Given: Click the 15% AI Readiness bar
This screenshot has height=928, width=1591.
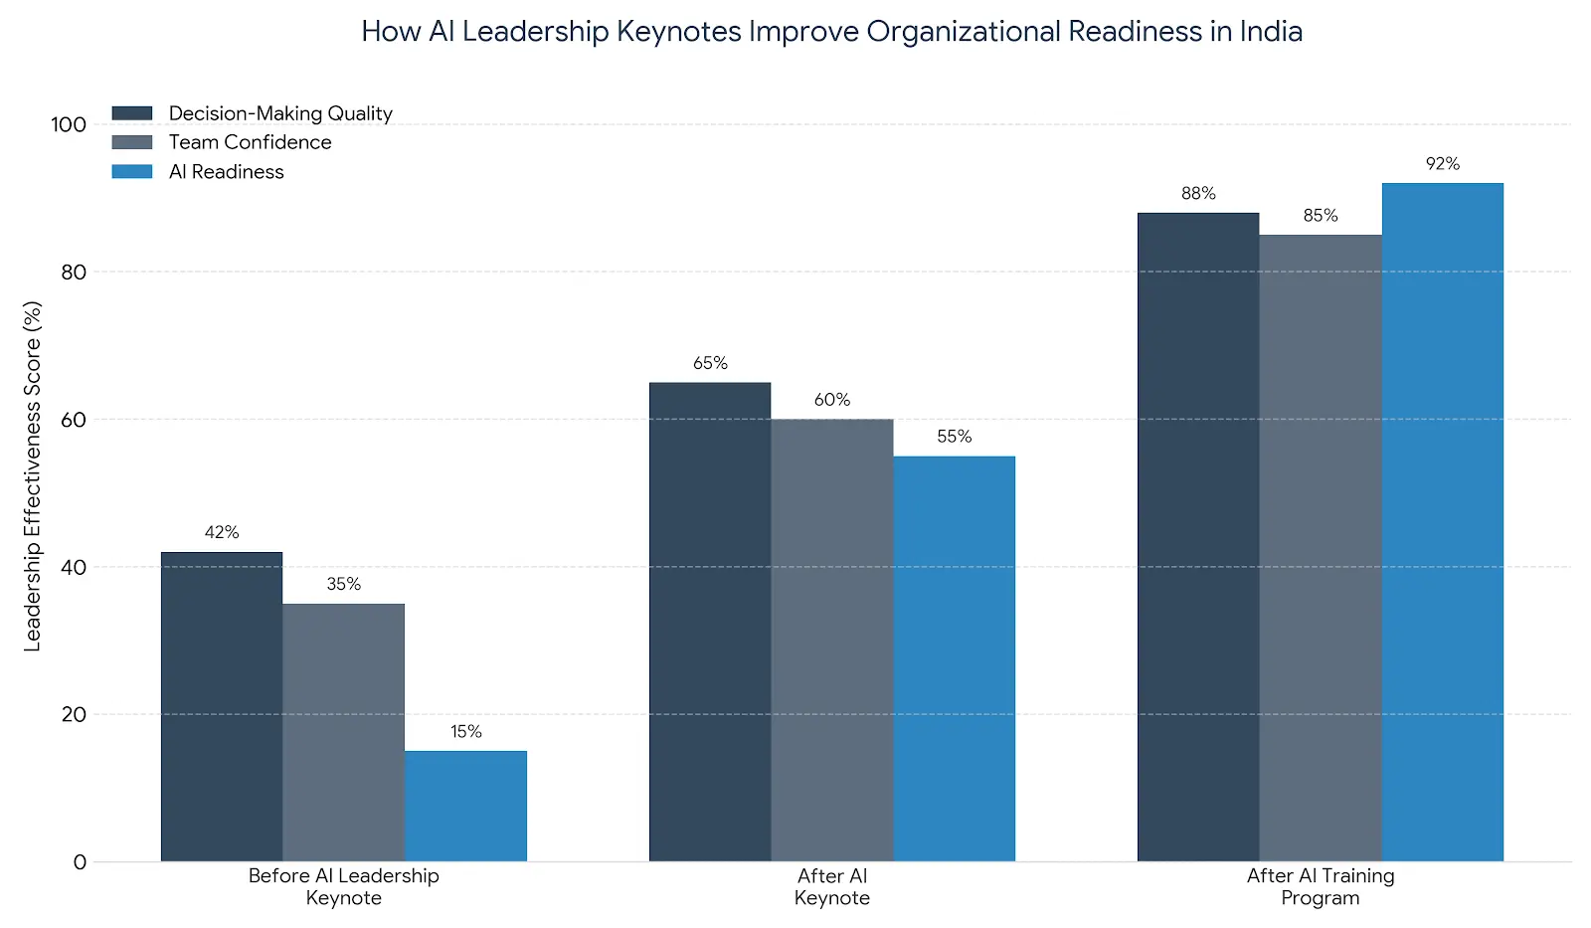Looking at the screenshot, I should click(x=465, y=806).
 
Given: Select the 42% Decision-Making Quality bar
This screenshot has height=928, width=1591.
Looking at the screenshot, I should click(x=222, y=706).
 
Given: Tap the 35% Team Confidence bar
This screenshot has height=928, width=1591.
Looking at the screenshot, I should click(x=343, y=732).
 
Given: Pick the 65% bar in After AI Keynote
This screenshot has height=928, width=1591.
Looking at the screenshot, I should click(x=710, y=622).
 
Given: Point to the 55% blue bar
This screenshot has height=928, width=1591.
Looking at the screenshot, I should click(x=954, y=658).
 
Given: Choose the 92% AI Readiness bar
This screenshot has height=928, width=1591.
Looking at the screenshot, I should click(x=1442, y=522).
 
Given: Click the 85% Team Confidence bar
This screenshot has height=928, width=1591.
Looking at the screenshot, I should click(x=1320, y=548).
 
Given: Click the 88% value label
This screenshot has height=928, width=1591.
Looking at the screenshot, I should click(x=1198, y=194).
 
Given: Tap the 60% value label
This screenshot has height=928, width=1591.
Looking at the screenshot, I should click(x=832, y=400).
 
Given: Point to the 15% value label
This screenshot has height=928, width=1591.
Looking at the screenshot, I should click(x=465, y=732).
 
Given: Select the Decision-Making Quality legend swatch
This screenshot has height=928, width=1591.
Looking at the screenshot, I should click(x=132, y=113).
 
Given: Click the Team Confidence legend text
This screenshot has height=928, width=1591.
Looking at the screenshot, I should click(x=250, y=142).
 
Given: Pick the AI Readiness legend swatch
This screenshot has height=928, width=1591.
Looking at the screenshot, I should click(x=132, y=171).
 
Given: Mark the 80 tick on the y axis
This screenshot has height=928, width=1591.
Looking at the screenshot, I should click(x=74, y=272).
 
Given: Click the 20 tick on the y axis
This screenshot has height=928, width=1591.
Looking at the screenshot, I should click(x=74, y=714).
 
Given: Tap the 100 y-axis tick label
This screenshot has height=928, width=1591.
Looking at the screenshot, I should click(x=69, y=124).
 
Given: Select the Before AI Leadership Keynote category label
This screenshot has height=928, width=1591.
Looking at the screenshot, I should click(x=343, y=886).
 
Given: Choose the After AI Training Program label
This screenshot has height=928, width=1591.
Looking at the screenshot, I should click(x=1320, y=886).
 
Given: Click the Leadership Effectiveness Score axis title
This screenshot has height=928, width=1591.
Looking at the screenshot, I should click(x=33, y=476).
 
